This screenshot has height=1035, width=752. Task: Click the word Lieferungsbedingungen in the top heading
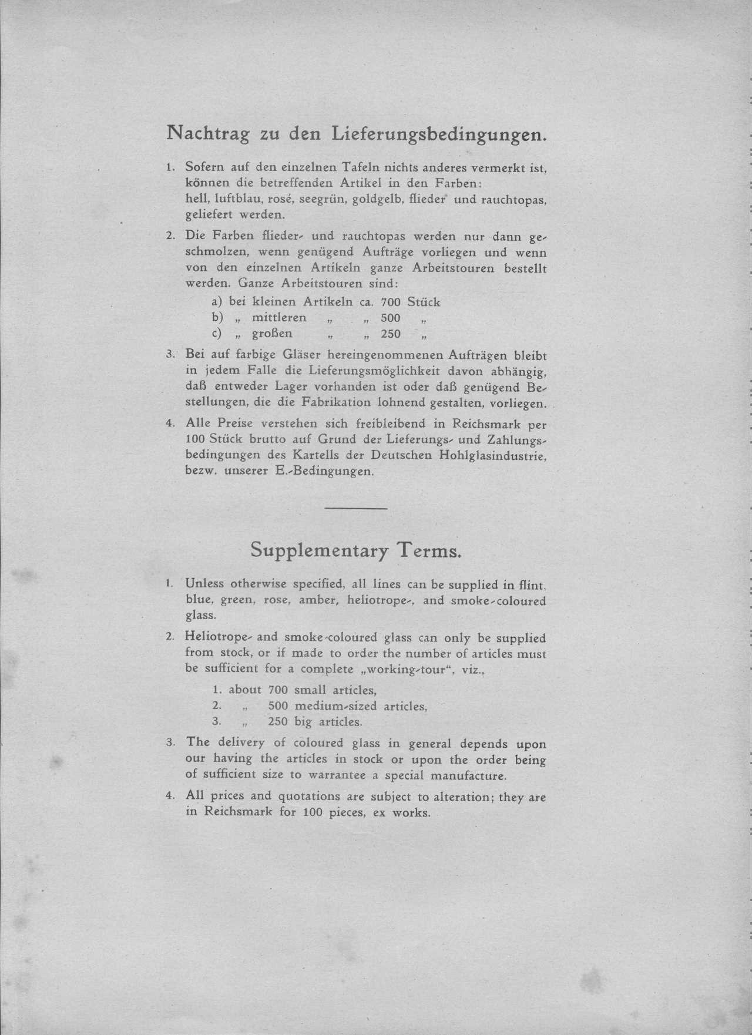coord(440,135)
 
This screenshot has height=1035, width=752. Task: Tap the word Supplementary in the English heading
coord(320,550)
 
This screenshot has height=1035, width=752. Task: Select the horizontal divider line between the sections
coord(355,508)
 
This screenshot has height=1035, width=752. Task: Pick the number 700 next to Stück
coord(391,302)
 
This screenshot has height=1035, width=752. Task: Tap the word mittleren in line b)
coord(279,318)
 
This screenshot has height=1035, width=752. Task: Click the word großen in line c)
coord(272,334)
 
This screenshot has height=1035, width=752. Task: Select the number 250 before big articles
coord(277,721)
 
